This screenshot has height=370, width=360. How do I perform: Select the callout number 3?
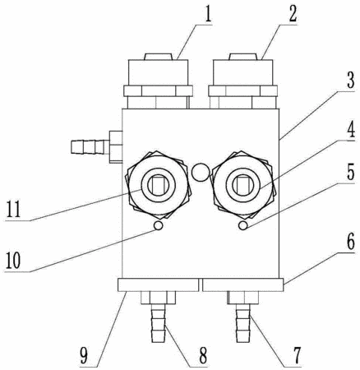(351, 80)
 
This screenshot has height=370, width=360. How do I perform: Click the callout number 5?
(351, 171)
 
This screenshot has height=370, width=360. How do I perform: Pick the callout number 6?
(351, 241)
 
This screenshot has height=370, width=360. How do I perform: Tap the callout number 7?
(296, 355)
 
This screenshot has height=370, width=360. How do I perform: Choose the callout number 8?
(202, 355)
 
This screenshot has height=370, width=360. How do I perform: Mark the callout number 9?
(85, 355)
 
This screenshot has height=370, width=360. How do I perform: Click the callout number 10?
(13, 260)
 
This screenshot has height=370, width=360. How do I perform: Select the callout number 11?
(13, 210)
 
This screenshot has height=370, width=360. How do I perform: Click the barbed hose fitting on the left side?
(96, 146)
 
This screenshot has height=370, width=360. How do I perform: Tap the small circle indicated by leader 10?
(159, 225)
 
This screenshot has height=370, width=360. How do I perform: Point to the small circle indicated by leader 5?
(243, 225)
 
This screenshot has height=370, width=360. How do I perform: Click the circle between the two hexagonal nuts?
(201, 173)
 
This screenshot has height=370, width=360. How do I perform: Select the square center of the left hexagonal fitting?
(158, 184)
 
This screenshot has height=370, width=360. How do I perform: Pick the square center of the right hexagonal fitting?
(242, 184)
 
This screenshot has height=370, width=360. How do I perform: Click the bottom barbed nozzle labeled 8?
(159, 323)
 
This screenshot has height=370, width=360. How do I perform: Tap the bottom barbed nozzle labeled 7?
(243, 323)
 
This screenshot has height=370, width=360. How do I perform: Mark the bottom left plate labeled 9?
(158, 285)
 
